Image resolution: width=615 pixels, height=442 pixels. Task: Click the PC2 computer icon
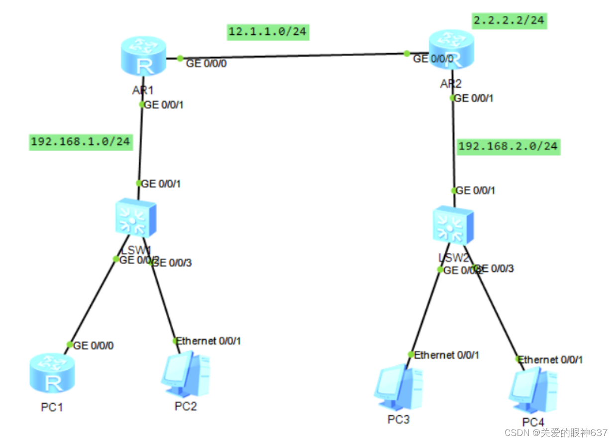click(185, 376)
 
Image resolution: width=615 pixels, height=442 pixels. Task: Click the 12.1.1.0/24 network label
click(268, 32)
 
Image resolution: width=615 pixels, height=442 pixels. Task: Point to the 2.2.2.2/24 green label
click(509, 21)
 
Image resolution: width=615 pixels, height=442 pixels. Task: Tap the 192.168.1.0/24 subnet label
click(81, 142)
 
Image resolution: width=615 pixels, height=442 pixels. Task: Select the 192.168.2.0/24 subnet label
click(508, 147)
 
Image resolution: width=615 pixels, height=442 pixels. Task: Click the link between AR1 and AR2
click(294, 56)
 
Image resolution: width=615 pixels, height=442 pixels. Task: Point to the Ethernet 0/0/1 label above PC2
click(209, 341)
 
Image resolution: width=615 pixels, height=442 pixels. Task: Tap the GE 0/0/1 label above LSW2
click(476, 190)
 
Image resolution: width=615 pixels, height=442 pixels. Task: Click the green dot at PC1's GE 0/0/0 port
click(70, 345)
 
